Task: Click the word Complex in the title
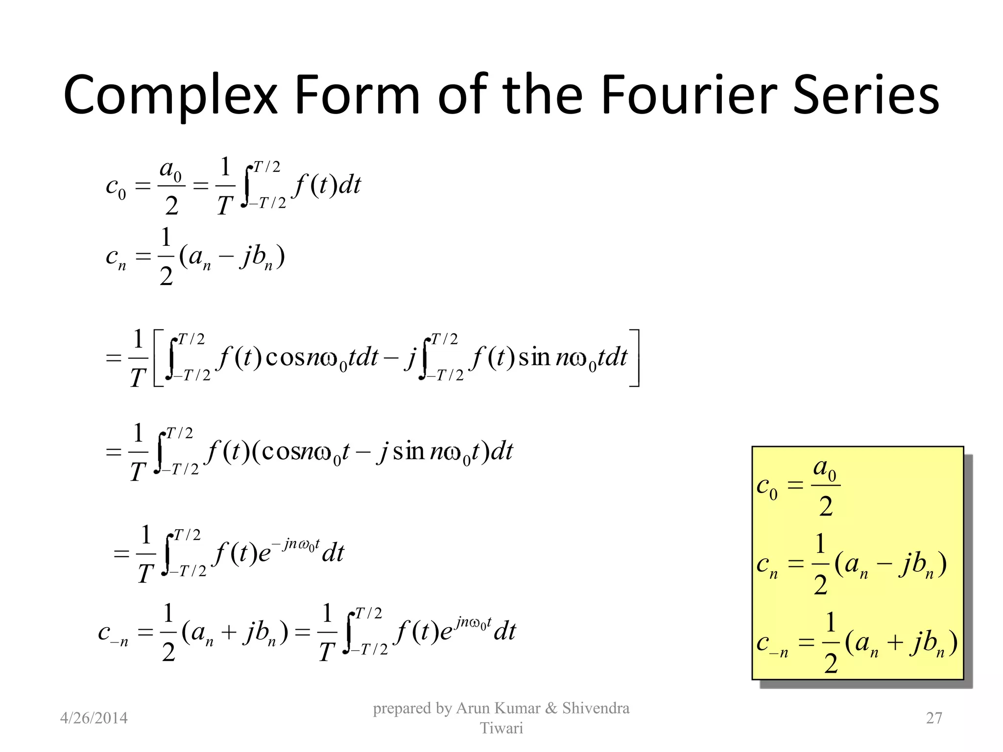coord(170,95)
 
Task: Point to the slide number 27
coord(934,718)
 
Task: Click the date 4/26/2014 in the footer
coord(94,718)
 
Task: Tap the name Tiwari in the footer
coord(501,728)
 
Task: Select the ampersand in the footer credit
coord(551,708)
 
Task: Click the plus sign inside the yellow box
coord(895,642)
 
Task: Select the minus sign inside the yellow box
coord(884,564)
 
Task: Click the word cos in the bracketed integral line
coord(286,357)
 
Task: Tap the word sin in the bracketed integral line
coord(534,357)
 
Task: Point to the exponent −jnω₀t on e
coord(301,543)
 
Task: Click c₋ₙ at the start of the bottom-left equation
coord(113,634)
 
